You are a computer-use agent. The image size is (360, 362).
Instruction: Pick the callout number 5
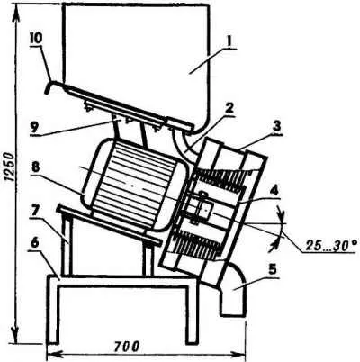click(273, 270)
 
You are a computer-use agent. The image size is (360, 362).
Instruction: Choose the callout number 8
click(35, 167)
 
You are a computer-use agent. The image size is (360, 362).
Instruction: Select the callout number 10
click(36, 39)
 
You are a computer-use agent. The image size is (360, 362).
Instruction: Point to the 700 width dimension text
click(127, 347)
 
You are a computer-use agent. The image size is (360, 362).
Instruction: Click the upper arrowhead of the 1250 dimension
click(14, 12)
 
